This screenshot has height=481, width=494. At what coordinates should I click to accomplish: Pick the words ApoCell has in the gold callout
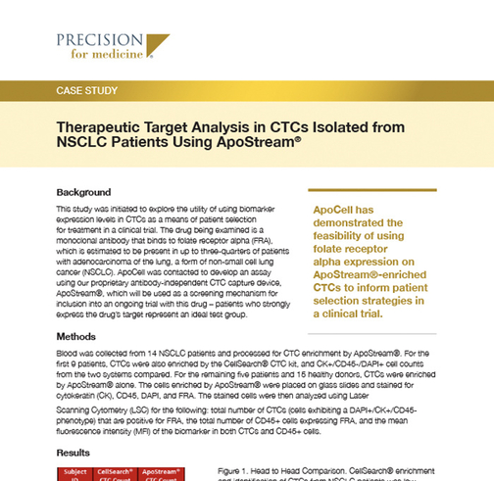[x=342, y=211]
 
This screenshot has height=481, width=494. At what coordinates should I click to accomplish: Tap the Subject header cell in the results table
[x=75, y=472]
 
